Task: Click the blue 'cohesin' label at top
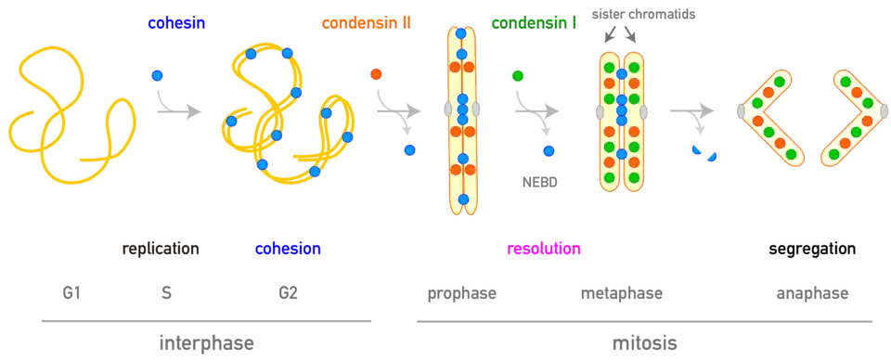176,24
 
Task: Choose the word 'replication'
162,250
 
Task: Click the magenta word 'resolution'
544,250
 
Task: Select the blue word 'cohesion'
288,250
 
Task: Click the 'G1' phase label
71,293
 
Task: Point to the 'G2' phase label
288,293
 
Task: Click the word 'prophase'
462,294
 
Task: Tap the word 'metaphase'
622,294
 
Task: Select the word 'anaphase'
813,294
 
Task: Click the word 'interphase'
206,343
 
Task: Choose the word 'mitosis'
644,343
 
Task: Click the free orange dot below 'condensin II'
376,74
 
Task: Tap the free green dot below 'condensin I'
518,75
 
